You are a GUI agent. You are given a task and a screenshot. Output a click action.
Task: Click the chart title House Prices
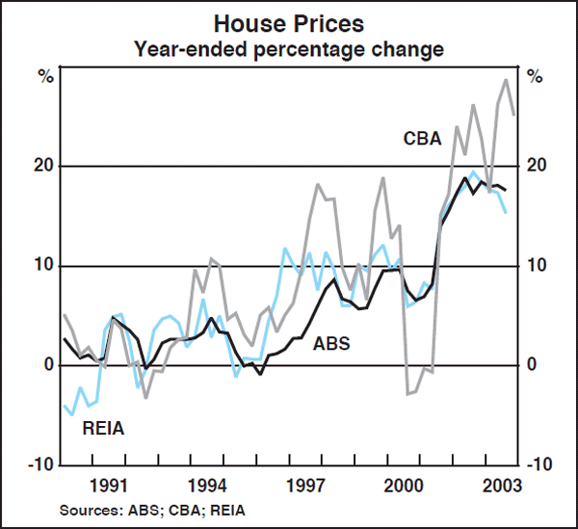[x=288, y=21]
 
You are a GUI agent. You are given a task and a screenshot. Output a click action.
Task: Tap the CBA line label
[x=422, y=139]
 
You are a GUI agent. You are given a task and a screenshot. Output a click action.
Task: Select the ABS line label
[x=331, y=343]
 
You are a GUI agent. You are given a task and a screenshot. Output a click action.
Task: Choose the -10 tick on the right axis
[x=539, y=464]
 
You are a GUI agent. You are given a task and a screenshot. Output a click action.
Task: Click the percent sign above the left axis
[x=44, y=76]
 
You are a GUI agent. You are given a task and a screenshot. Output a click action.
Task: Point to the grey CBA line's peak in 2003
[x=507, y=79]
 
